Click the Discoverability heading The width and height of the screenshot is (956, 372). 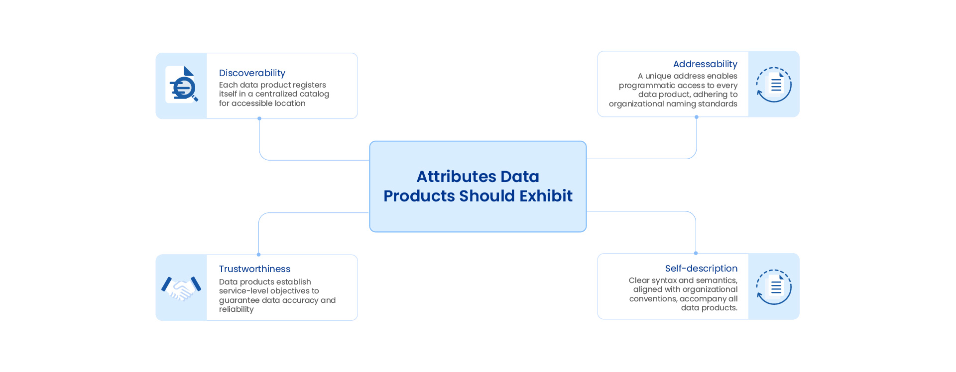(x=252, y=73)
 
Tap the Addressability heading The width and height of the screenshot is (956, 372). (x=705, y=64)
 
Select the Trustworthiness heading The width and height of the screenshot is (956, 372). (x=254, y=269)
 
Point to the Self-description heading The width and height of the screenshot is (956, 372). (x=701, y=269)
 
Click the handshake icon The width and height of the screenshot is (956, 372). (x=181, y=288)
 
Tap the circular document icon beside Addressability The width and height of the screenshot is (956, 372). (x=774, y=85)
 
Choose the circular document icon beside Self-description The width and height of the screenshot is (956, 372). (x=774, y=287)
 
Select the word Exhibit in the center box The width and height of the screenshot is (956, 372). (x=546, y=196)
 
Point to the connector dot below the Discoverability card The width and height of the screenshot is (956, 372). (x=259, y=118)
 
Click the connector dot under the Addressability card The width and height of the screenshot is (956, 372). (x=697, y=117)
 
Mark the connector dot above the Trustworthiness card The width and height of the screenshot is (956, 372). (x=258, y=255)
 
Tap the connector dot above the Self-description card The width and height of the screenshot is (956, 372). (x=696, y=253)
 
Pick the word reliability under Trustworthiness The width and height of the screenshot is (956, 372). (x=236, y=309)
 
